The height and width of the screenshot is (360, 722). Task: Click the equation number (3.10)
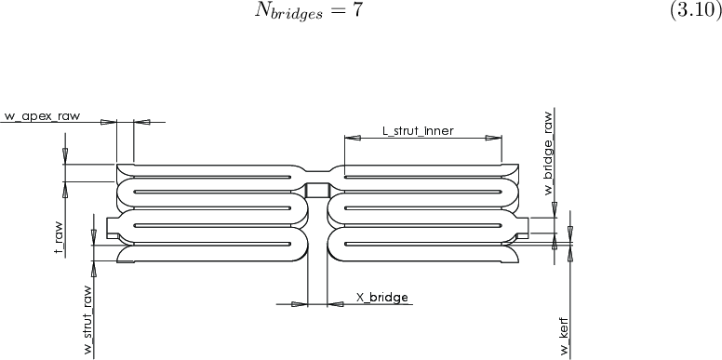coord(694,20)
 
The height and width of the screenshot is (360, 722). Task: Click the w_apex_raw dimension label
coord(43,116)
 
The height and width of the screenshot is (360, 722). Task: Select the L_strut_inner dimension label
coord(419,131)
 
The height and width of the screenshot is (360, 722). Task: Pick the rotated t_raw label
coord(59,238)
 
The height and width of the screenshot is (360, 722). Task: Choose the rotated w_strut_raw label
coord(87,313)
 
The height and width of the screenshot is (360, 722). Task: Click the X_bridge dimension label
coord(381,298)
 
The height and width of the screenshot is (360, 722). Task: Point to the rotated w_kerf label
coord(564,337)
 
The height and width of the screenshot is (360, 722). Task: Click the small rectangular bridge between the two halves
coord(318,191)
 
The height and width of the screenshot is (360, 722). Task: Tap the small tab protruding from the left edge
coord(113,227)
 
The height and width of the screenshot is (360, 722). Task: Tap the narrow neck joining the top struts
coord(318,170)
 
